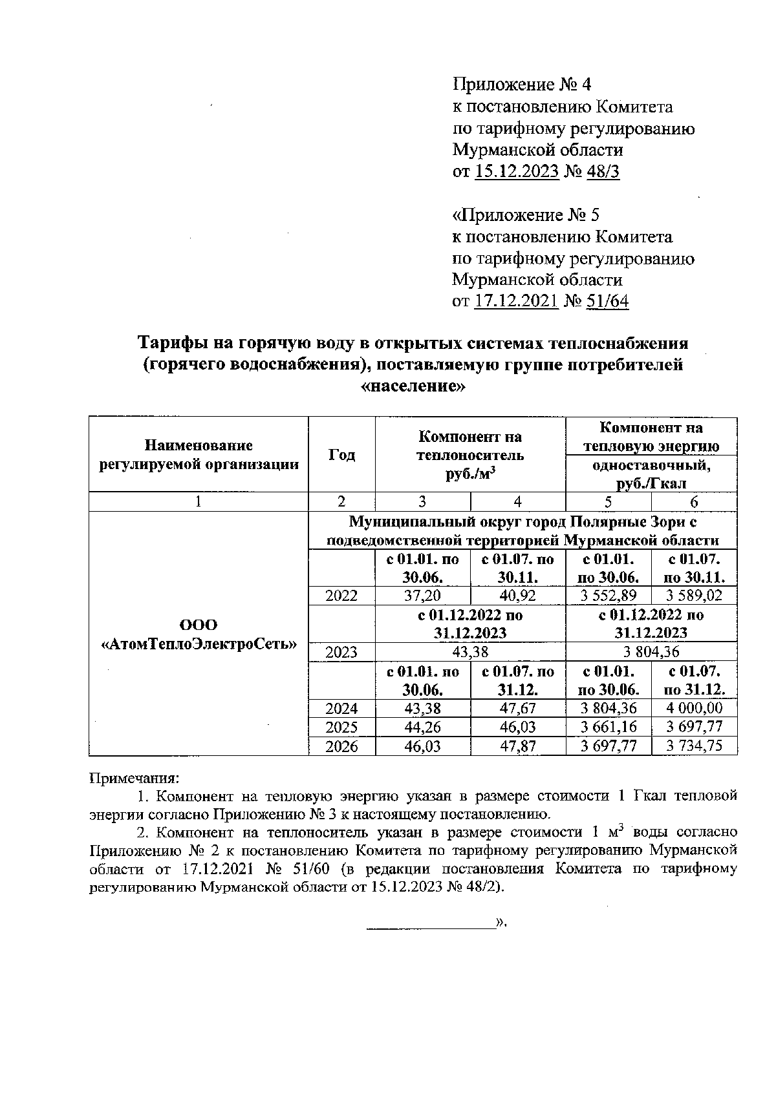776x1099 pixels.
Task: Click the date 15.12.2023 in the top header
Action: tap(516, 172)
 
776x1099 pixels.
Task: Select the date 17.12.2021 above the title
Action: tap(516, 301)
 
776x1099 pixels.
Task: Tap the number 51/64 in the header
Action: tap(607, 301)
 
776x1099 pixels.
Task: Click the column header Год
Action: tap(341, 455)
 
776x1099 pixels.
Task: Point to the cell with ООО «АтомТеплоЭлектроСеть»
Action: tap(199, 634)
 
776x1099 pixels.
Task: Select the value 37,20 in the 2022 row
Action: tap(422, 596)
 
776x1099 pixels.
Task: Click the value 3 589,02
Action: tap(695, 596)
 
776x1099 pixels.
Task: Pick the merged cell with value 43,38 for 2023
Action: tap(470, 652)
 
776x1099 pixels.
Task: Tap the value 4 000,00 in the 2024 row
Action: tap(695, 709)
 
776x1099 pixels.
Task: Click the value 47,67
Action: tap(518, 709)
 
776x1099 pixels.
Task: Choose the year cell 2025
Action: tap(341, 727)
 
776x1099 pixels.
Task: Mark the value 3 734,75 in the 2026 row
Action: tap(695, 746)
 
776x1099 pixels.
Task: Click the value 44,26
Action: tap(422, 727)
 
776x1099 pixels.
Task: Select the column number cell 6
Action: tap(695, 502)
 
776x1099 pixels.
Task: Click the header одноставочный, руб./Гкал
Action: tap(651, 474)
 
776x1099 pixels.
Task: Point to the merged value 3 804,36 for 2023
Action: tap(651, 652)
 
